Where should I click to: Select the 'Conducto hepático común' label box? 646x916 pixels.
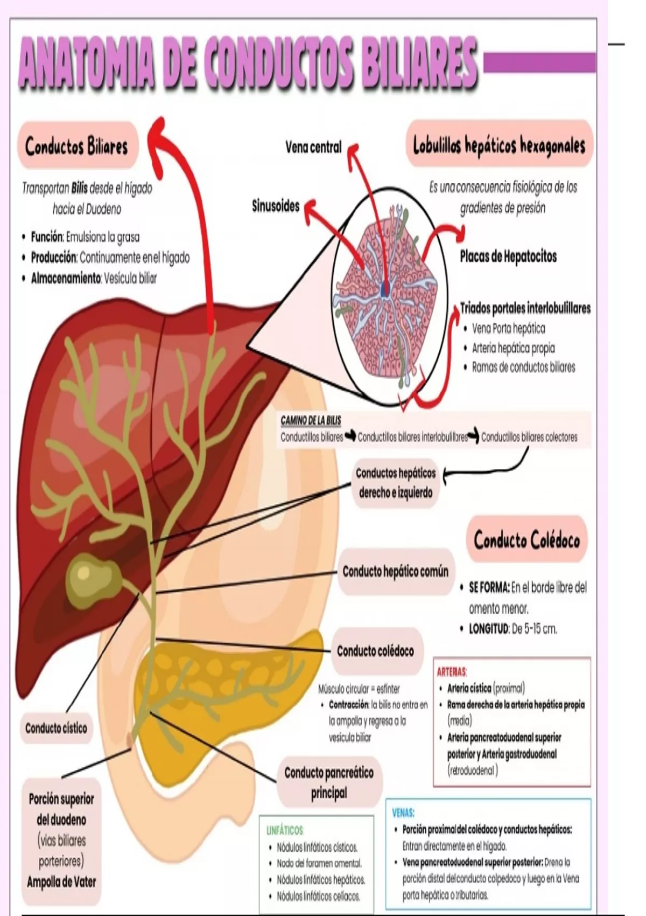pyautogui.click(x=396, y=571)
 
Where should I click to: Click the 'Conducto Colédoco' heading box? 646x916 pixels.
pyautogui.click(x=526, y=540)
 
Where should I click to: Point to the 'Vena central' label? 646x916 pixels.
pyautogui.click(x=313, y=147)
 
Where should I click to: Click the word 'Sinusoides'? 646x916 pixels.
pyautogui.click(x=276, y=206)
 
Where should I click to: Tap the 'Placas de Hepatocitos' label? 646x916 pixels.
pyautogui.click(x=508, y=256)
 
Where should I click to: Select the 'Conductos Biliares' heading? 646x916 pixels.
pyautogui.click(x=76, y=146)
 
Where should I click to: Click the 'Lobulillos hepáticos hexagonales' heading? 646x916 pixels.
pyautogui.click(x=499, y=145)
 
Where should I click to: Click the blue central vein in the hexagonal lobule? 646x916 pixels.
pyautogui.click(x=385, y=289)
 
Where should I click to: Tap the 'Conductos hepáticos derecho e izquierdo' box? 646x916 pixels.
pyautogui.click(x=395, y=483)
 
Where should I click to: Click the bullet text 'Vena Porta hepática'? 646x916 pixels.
pyautogui.click(x=509, y=328)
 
